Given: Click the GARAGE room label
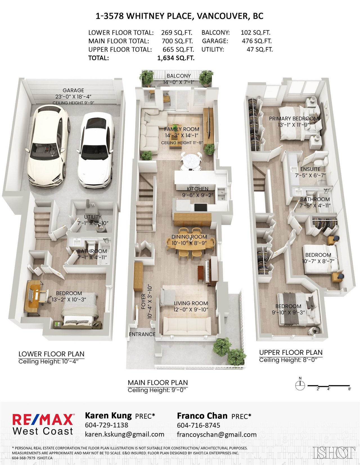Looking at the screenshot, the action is point(73,90).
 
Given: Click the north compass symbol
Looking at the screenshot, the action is point(300,385).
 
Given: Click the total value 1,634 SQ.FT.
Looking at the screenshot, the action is point(176,58).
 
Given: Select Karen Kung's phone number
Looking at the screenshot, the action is point(107,425).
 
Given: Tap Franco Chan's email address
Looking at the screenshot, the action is point(217,434).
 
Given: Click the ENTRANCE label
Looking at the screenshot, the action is point(142,334).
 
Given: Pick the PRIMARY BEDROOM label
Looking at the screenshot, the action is point(294,118).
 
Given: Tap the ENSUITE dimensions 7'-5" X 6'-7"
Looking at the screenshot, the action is point(310,175).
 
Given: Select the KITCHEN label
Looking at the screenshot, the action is point(197,189).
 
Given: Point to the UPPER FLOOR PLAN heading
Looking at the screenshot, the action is point(291,352).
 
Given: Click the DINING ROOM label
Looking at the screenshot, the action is point(189,237).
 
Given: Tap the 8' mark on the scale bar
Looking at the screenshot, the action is point(350,389).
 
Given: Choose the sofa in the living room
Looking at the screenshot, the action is point(187,326).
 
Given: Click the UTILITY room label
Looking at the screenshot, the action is point(93,217).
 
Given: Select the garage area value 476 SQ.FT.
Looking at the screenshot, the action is point(257,41).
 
